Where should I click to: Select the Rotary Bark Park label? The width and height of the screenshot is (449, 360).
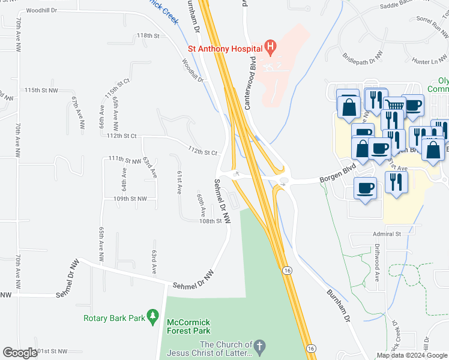pyautogui.click(x=114, y=318)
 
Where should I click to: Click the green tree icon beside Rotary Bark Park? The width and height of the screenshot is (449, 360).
pyautogui.click(x=153, y=315)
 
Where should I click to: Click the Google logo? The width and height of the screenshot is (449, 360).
pyautogui.click(x=20, y=353)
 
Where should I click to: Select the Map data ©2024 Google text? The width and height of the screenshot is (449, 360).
pyautogui.click(x=411, y=355)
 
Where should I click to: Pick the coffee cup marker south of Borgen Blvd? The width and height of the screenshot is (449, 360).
pyautogui.click(x=366, y=189)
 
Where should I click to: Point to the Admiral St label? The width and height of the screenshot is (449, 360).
pyautogui.click(x=387, y=233)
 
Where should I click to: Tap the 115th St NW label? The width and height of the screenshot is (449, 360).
pyautogui.click(x=41, y=90)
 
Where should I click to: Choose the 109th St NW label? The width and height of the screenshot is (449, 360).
pyautogui.click(x=130, y=198)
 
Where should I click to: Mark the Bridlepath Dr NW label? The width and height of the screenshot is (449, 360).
pyautogui.click(x=363, y=58)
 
